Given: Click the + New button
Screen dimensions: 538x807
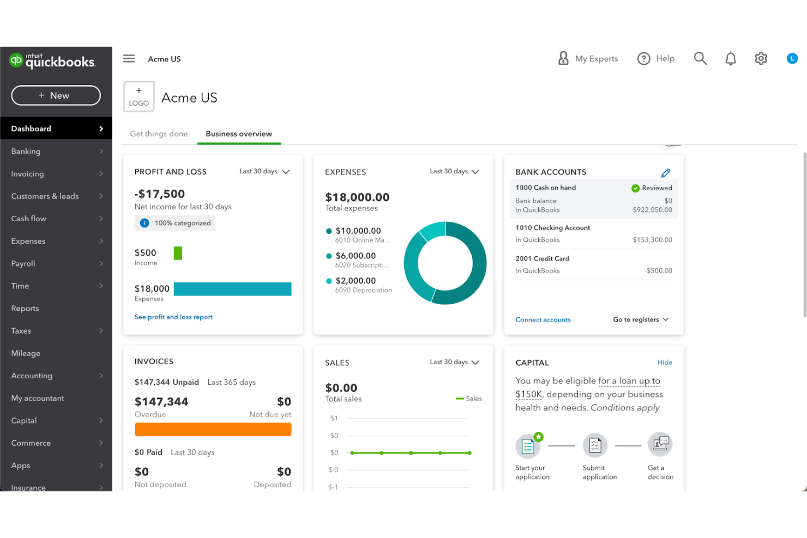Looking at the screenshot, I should tap(56, 95).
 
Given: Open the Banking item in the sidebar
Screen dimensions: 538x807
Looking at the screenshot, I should tap(26, 152).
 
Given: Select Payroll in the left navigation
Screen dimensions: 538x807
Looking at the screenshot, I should tap(23, 264).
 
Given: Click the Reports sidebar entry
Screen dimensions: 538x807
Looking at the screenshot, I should tap(25, 309).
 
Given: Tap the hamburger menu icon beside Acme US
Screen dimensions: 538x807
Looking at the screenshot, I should tap(129, 59).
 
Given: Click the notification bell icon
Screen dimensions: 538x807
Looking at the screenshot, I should tap(730, 59).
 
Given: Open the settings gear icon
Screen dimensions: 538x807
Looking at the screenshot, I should tap(761, 59).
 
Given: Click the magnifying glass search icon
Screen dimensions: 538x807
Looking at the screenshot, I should tap(700, 59).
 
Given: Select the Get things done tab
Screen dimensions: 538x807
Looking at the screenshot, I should tap(159, 134).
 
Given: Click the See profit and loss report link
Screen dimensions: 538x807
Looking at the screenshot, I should tap(173, 317).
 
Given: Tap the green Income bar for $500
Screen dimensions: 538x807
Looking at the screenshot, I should tap(178, 253).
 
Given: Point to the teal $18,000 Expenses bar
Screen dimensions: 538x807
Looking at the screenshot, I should tap(232, 289).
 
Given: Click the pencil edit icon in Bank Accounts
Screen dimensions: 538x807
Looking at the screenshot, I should tap(665, 173).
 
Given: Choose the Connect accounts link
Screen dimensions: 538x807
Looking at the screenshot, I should tap(543, 320).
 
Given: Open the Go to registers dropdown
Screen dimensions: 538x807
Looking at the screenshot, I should tap(641, 320).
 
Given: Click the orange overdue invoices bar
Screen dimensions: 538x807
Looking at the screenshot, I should tap(213, 430).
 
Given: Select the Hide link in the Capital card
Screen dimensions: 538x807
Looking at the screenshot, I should tap(664, 362).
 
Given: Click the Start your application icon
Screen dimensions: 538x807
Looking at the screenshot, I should tap(528, 446).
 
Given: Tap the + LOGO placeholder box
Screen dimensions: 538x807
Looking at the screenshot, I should tap(139, 97).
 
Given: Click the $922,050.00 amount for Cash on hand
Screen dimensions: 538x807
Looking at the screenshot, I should tap(652, 210).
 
